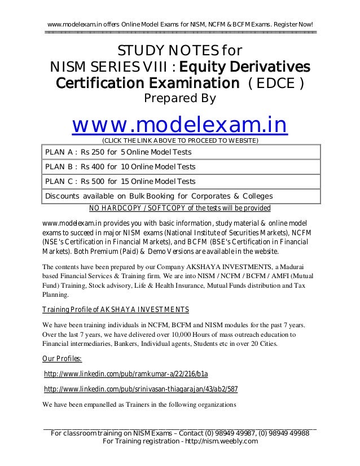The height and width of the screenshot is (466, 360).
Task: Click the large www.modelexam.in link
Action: pos(179,125)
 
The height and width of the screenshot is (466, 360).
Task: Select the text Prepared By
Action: pos(180,99)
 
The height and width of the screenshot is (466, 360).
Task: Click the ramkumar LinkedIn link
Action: pos(125,374)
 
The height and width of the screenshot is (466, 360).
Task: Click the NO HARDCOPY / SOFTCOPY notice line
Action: pos(180,208)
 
